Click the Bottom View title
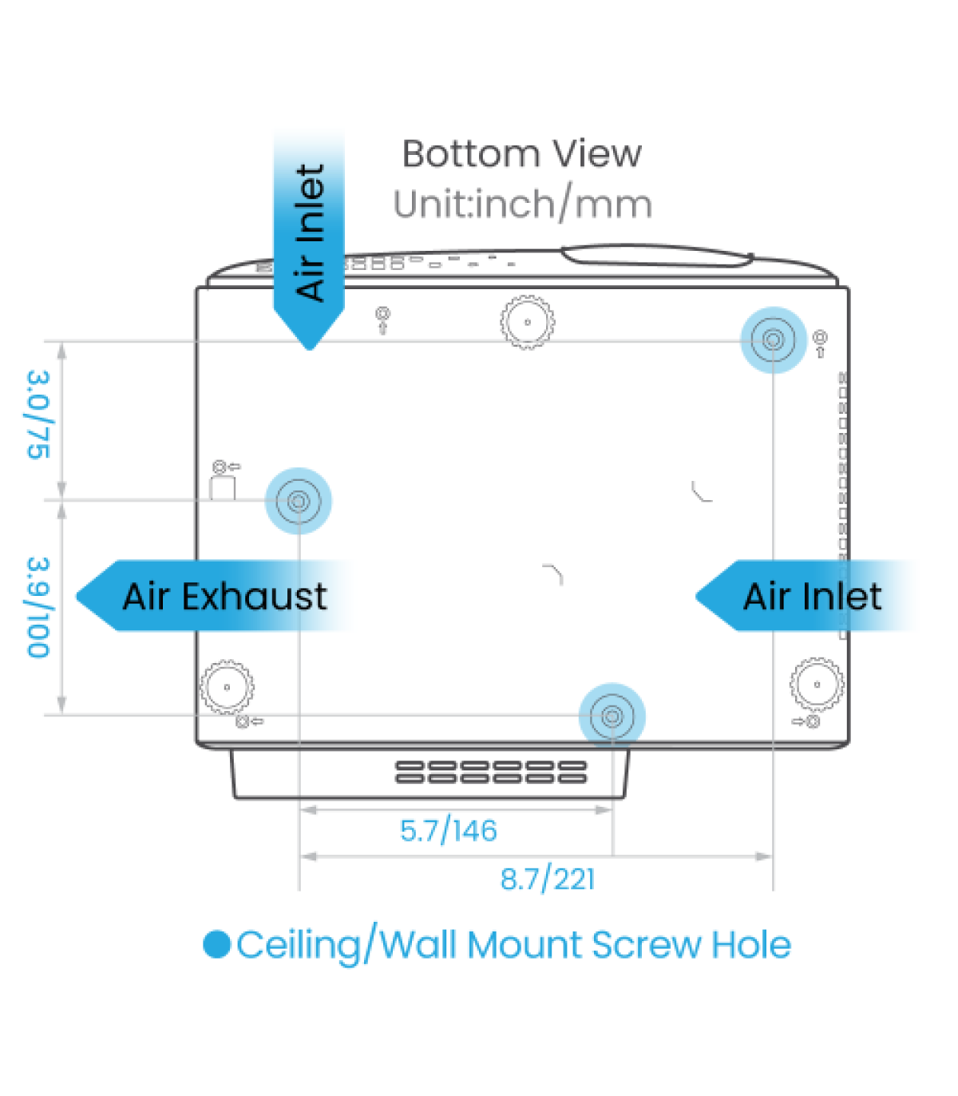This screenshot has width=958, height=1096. (521, 154)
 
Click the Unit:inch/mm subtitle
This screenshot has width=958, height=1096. (523, 205)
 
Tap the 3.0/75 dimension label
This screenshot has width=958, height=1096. (38, 415)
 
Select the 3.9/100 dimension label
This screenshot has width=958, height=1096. (38, 607)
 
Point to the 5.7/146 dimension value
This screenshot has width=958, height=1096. (448, 831)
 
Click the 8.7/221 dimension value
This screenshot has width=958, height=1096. (548, 880)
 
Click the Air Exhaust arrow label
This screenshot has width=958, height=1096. (224, 597)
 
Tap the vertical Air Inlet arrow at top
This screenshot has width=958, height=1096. (310, 236)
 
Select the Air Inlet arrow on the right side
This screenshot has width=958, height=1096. (810, 597)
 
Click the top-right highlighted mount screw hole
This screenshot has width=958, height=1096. (773, 340)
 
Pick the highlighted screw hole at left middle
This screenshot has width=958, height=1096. (299, 501)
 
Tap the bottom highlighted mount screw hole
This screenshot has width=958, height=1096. (612, 716)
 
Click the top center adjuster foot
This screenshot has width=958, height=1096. (527, 323)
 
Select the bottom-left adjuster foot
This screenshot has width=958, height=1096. (227, 686)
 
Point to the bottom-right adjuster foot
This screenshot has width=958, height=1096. (817, 684)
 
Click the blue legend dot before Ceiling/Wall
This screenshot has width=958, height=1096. (216, 944)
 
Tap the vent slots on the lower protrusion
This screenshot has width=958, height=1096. (491, 772)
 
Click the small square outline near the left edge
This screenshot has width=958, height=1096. (223, 488)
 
